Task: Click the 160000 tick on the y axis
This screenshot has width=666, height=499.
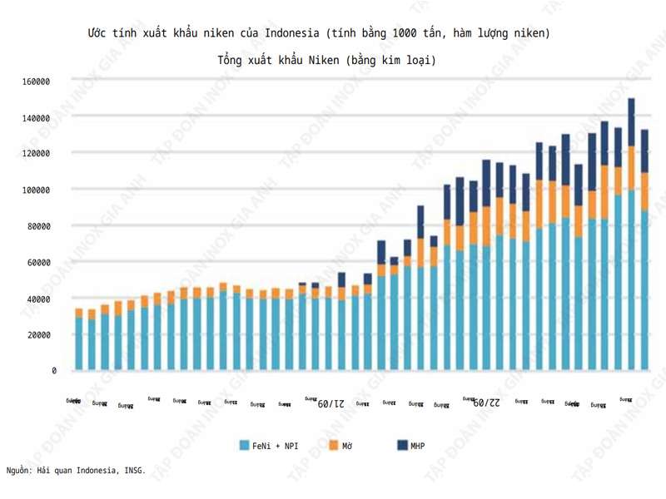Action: (x=37, y=82)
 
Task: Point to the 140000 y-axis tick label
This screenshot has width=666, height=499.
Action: (x=37, y=117)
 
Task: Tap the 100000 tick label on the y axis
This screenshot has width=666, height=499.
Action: (x=37, y=190)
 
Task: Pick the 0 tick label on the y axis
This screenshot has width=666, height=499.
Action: (x=53, y=371)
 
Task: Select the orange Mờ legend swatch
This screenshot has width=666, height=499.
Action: (x=333, y=446)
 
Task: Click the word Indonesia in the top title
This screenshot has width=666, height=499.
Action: (x=292, y=33)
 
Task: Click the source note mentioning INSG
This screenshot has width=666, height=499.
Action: (x=76, y=470)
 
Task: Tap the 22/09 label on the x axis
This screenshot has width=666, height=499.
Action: (x=486, y=403)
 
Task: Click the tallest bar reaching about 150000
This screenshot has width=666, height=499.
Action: (x=631, y=233)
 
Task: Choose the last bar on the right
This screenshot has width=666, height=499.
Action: (x=644, y=249)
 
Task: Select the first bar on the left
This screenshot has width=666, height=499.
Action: (x=79, y=341)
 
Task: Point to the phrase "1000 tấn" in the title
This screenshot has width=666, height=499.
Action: (x=422, y=33)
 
